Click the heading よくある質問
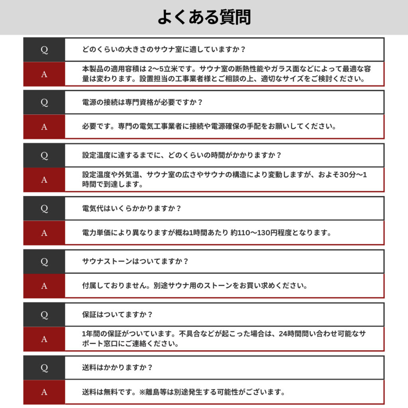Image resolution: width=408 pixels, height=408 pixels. tap(204, 17)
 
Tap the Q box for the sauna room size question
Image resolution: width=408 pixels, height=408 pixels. tap(44, 50)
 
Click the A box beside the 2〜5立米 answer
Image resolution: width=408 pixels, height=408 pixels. tap(44, 74)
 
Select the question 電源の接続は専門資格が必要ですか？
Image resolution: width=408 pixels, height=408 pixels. tap(142, 102)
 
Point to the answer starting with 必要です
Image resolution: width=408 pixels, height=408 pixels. tap(209, 127)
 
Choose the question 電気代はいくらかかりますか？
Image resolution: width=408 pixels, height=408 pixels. tap(131, 208)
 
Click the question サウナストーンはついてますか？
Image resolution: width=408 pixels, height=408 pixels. tap(135, 261)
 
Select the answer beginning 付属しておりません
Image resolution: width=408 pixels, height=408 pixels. tap(194, 286)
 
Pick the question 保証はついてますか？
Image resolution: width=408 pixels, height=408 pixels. tap(117, 314)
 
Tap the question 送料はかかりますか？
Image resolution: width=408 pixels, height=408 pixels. tap(117, 367)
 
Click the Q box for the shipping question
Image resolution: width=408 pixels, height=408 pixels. tap(44, 368)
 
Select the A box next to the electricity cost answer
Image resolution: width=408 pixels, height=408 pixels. tap(44, 233)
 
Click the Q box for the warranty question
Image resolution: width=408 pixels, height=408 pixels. tap(44, 315)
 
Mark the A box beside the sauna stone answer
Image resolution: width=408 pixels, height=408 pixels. tap(44, 286)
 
